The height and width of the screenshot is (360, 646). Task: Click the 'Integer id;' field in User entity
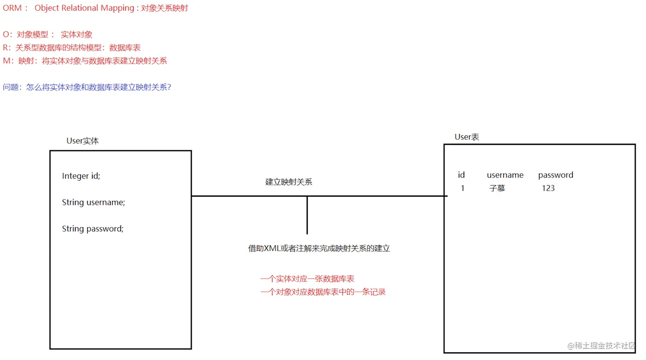tap(81, 176)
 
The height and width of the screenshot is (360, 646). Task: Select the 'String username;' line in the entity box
tap(93, 202)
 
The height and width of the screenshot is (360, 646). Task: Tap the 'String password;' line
tap(92, 229)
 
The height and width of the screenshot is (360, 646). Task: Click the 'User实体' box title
tap(82, 141)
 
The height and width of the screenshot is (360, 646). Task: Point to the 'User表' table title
tap(467, 137)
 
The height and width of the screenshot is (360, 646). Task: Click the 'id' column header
tap(461, 175)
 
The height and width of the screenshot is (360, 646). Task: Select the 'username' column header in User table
tap(505, 175)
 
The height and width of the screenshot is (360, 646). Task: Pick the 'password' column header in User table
tap(555, 175)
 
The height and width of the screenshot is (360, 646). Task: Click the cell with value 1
tap(462, 188)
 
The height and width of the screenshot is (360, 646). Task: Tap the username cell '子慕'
tap(497, 188)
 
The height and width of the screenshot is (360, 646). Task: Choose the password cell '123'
tap(548, 188)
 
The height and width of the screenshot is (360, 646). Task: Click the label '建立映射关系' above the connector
tap(288, 182)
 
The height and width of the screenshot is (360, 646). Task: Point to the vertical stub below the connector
tap(307, 215)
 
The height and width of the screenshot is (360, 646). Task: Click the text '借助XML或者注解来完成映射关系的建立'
tap(319, 249)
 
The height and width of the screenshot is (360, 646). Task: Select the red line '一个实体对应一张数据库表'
tap(307, 279)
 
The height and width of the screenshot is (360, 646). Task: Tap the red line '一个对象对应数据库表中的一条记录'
tap(323, 292)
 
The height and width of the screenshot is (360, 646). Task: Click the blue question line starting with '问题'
tap(87, 87)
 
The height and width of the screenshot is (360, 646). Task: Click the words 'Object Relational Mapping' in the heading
tap(84, 8)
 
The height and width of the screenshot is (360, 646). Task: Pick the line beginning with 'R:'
tap(71, 48)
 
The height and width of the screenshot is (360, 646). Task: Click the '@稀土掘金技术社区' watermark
tap(601, 345)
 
